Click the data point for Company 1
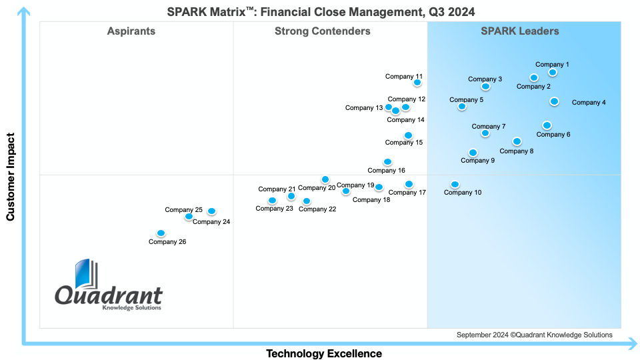[x=553, y=73]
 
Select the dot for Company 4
[x=554, y=101]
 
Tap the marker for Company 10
[x=455, y=185]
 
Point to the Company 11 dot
[x=418, y=83]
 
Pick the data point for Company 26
[x=161, y=233]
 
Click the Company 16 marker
[x=387, y=162]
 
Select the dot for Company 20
[x=325, y=179]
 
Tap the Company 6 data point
[x=547, y=125]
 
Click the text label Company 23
[x=275, y=209]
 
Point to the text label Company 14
[x=406, y=120]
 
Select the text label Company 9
[x=478, y=161]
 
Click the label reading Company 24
[x=211, y=222]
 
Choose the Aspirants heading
[x=131, y=31]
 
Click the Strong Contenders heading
[x=323, y=31]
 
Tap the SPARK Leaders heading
[x=520, y=31]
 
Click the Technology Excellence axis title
[x=324, y=353]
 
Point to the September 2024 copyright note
[x=535, y=335]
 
